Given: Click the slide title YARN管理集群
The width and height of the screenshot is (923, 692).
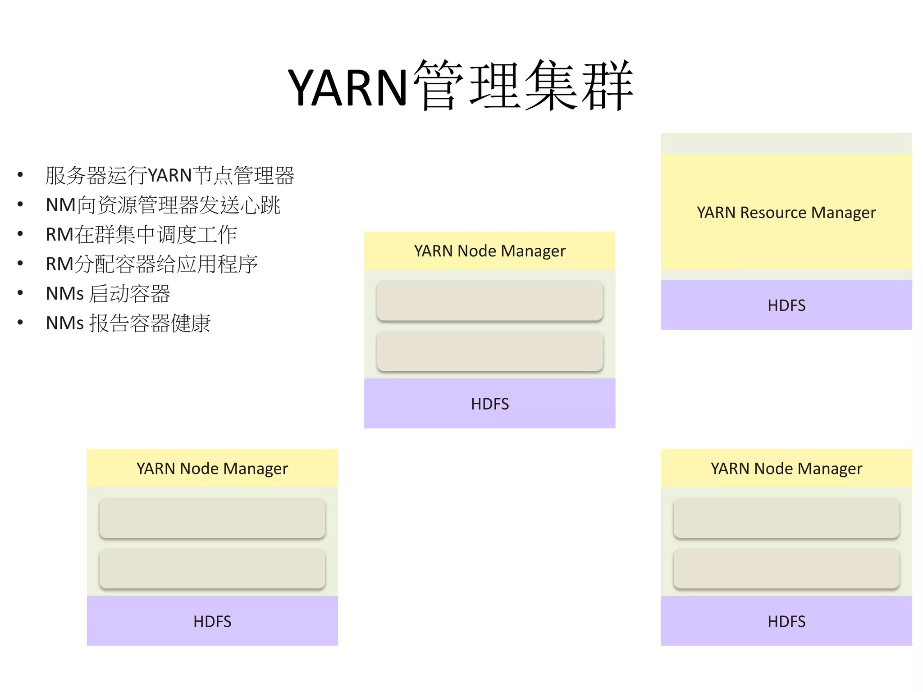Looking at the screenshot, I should (x=461, y=86).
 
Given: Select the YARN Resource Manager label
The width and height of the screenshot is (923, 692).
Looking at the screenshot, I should (x=786, y=212).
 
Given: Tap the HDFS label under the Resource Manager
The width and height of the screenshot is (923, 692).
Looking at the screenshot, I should (x=786, y=305).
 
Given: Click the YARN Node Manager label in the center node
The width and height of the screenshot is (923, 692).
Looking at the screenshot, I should (x=489, y=251).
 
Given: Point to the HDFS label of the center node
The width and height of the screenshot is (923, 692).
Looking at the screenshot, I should (x=489, y=404).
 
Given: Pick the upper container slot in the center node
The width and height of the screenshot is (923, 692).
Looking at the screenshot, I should (x=489, y=300).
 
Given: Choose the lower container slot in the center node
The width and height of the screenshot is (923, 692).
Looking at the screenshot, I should (x=489, y=351).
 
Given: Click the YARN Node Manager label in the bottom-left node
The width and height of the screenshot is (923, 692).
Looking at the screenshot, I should (x=212, y=469).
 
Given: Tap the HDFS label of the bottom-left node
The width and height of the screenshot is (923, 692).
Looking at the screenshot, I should (x=212, y=621).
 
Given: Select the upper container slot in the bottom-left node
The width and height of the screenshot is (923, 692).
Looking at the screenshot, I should (x=212, y=518).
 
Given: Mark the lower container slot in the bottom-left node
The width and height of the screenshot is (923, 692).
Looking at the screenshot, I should (x=212, y=568).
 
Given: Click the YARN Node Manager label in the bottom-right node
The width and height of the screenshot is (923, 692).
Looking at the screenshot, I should (x=786, y=469).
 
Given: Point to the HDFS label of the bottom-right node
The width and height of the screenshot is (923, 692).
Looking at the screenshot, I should (x=786, y=621).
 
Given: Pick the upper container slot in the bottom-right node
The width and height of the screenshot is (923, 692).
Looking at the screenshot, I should (x=786, y=518).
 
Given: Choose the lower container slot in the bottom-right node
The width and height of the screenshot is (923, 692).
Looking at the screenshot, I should (x=786, y=568).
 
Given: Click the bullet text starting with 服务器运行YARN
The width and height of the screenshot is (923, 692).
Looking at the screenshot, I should (x=169, y=175).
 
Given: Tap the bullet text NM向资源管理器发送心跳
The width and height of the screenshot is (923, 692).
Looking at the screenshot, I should (x=163, y=205).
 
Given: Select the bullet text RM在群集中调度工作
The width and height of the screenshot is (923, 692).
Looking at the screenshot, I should (x=141, y=234).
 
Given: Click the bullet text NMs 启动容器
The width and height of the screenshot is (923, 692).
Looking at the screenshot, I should (x=108, y=293).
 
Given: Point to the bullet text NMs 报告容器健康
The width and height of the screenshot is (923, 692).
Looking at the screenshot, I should (x=128, y=323).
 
